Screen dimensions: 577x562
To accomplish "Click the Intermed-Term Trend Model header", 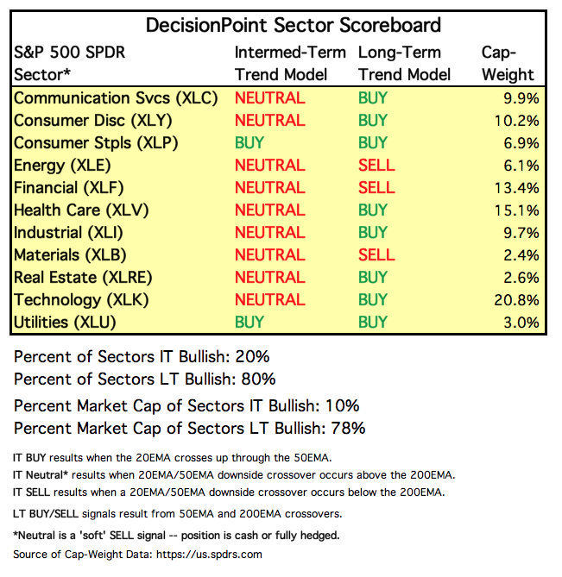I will pos(290,63).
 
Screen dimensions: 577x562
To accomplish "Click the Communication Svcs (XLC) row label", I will pos(116,97).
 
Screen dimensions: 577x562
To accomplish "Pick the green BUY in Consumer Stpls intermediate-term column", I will pos(249,142).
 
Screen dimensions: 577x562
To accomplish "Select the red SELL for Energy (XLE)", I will pos(376,165).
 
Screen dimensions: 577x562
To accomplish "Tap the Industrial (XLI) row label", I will pos(77,233).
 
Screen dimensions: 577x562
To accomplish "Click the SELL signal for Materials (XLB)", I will pos(376,255).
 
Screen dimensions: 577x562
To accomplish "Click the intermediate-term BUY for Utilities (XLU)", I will pos(249,323).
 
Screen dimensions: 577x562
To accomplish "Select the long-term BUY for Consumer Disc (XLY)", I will pos(373,120).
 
